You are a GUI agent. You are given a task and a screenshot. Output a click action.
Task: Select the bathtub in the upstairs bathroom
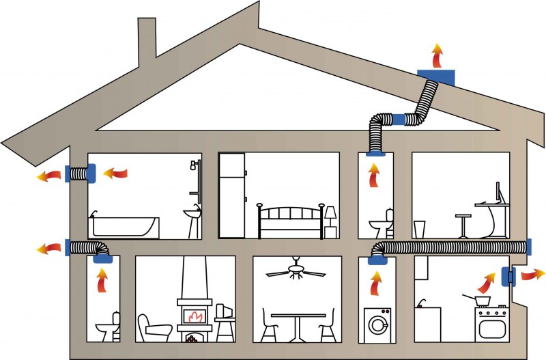click(124, 226)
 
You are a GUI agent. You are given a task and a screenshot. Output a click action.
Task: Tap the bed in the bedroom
click(289, 221)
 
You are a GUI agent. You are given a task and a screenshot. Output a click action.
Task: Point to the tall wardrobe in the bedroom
click(231, 195)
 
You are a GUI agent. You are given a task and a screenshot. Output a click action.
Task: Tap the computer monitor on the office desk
click(499, 193)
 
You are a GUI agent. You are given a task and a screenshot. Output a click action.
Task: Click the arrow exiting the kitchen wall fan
click(532, 275)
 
